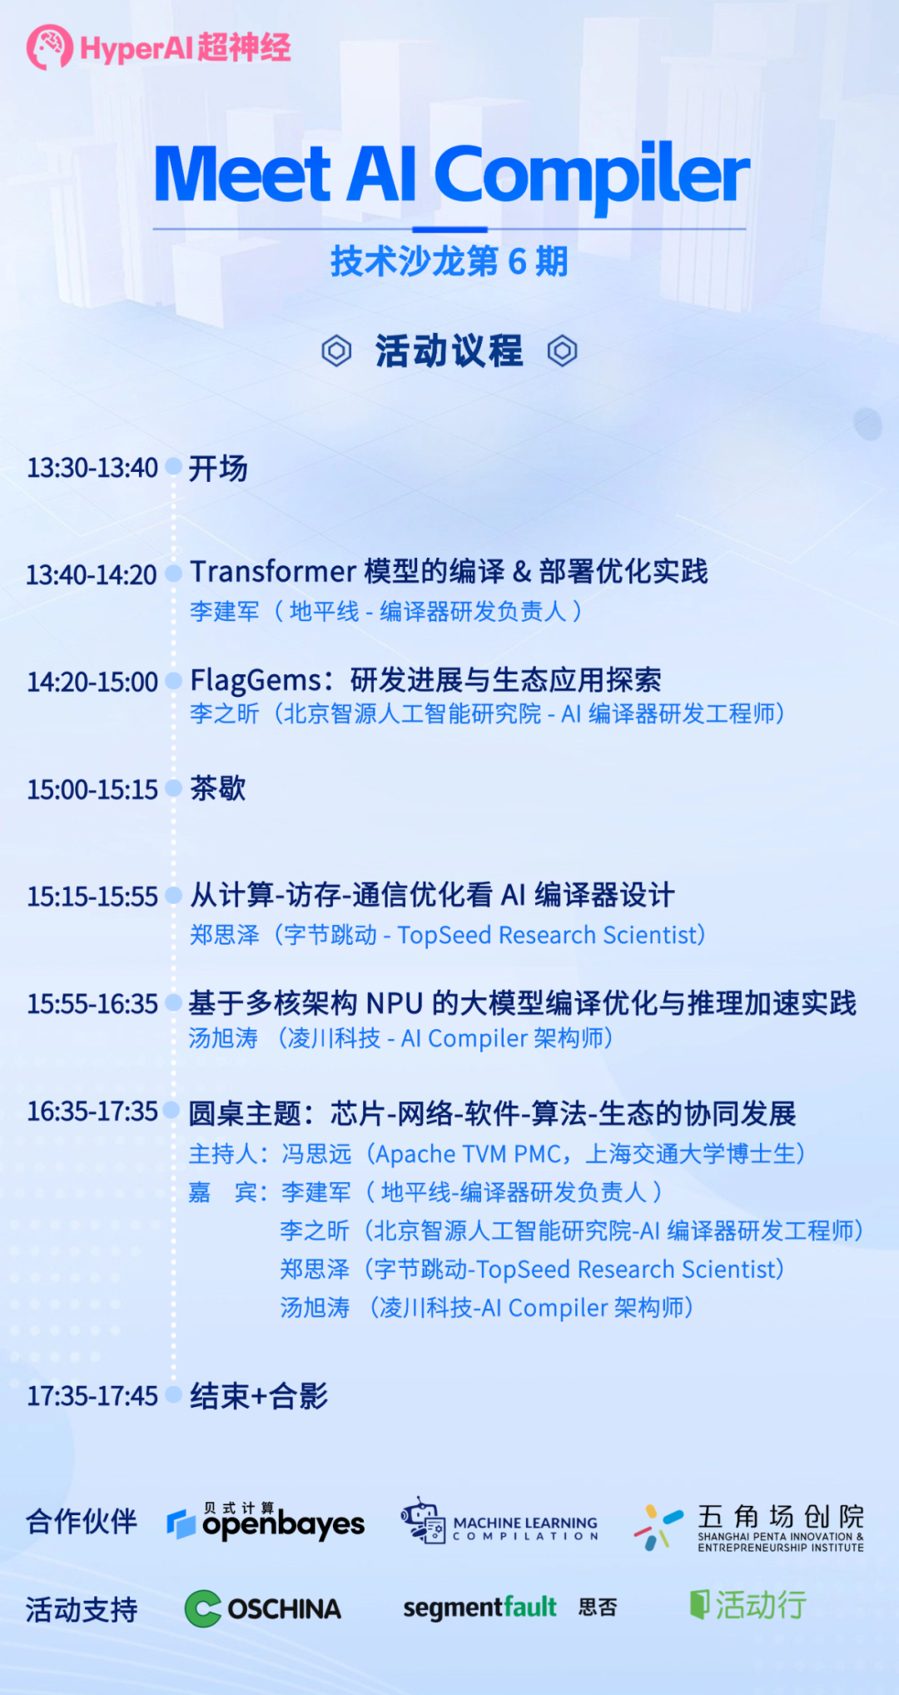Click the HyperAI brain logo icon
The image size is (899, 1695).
[49, 47]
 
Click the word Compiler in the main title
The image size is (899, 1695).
[591, 174]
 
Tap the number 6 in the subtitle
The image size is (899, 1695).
[517, 261]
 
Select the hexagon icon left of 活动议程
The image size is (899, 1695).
[336, 350]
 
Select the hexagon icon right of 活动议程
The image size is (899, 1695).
[562, 350]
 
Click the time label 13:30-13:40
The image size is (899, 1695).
[92, 468]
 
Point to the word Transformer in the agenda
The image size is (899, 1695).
[273, 572]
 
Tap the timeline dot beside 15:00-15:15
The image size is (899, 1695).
[173, 788]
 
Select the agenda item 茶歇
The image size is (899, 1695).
[217, 788]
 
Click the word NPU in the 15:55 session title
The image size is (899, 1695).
[395, 1004]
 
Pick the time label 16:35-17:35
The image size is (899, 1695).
[92, 1111]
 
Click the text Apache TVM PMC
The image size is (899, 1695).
[469, 1154]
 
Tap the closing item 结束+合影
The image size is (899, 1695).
[259, 1396]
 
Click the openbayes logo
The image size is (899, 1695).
[266, 1523]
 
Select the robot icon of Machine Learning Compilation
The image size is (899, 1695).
[423, 1520]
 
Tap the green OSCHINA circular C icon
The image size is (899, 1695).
[202, 1608]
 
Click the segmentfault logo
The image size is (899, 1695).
[479, 1608]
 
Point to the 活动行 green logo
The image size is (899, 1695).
[748, 1604]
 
